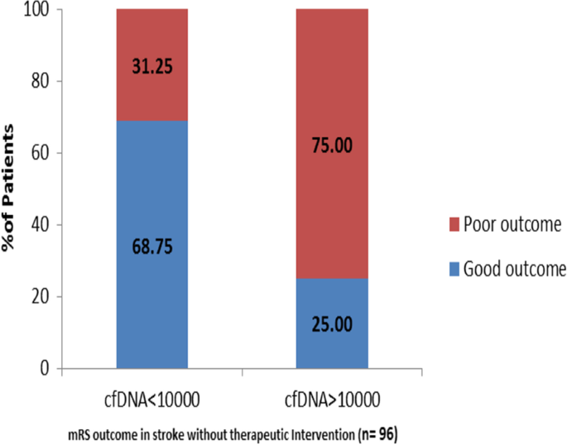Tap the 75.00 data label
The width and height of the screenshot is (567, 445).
pos(332,146)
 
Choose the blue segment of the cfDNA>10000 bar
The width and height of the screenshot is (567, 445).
pos(332,347)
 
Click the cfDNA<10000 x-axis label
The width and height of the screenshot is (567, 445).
pos(151,401)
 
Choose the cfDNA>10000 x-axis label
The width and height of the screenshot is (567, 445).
pos(332,401)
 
